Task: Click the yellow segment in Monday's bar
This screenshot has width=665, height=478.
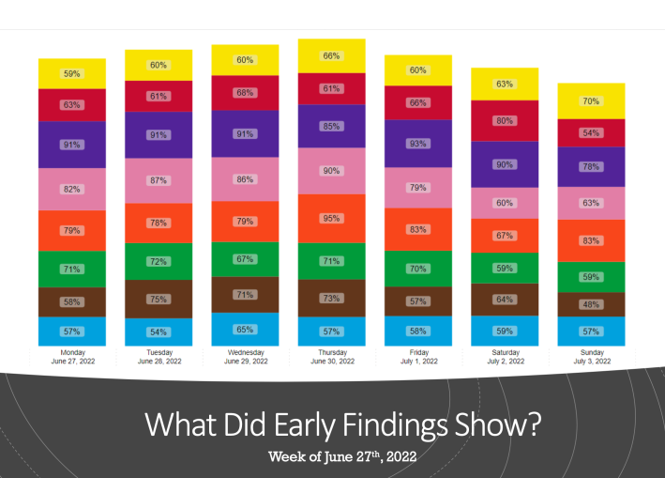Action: coord(72,73)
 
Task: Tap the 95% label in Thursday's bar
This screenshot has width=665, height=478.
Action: coord(331,218)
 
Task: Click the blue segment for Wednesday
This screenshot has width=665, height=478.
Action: coord(245,330)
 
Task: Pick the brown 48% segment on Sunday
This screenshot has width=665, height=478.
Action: coord(591,304)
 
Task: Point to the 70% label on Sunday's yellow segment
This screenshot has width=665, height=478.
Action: coord(591,100)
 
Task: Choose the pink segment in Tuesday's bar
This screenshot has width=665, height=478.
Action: coord(159,180)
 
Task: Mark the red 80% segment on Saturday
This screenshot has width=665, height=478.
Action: coord(505,120)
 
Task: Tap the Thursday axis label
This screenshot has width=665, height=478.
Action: coord(331,352)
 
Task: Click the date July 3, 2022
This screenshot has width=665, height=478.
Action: coord(591,361)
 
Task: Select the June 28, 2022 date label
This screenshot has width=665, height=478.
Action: coord(159,361)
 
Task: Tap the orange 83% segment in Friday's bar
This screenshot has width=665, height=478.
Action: coord(418,229)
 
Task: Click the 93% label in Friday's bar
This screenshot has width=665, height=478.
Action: coord(418,143)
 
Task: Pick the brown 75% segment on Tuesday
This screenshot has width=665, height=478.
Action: coord(159,300)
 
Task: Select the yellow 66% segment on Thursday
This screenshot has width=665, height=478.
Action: coord(331,55)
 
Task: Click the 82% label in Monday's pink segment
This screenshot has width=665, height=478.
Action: coord(72,189)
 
